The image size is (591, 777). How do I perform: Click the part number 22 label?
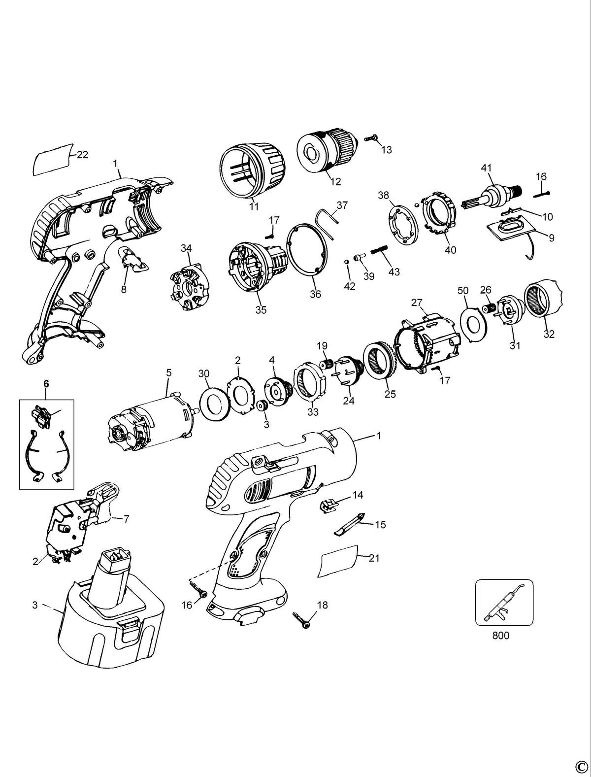(83, 155)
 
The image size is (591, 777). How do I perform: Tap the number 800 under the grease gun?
(501, 636)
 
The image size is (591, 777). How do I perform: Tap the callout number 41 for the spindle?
(487, 168)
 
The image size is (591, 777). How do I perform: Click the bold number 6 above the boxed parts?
(46, 384)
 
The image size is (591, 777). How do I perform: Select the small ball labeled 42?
(347, 262)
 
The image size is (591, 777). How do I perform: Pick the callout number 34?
(186, 248)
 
